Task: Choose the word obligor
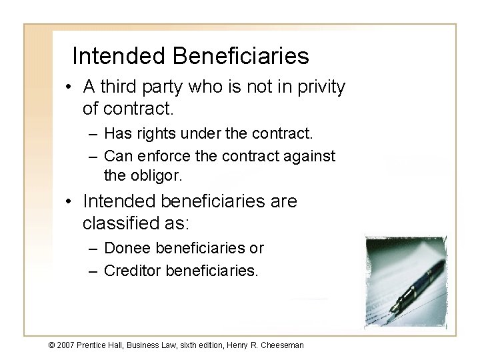click(x=158, y=176)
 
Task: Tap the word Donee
click(x=129, y=249)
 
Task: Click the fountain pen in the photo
click(x=418, y=280)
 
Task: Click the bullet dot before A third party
click(x=72, y=87)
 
